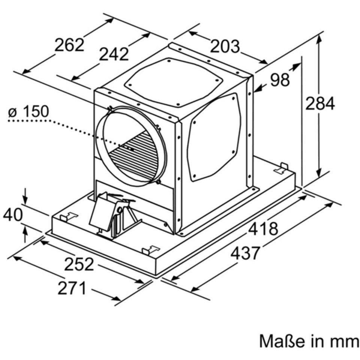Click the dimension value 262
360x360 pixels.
(69, 45)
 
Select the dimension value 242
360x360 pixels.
(114, 54)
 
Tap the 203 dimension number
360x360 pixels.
(224, 46)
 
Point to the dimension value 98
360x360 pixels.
(280, 80)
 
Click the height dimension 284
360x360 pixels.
(319, 103)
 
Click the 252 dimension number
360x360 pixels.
(79, 264)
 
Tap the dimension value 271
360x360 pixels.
(72, 288)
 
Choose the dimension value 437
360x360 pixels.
(245, 253)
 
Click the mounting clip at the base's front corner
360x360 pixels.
(151, 249)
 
